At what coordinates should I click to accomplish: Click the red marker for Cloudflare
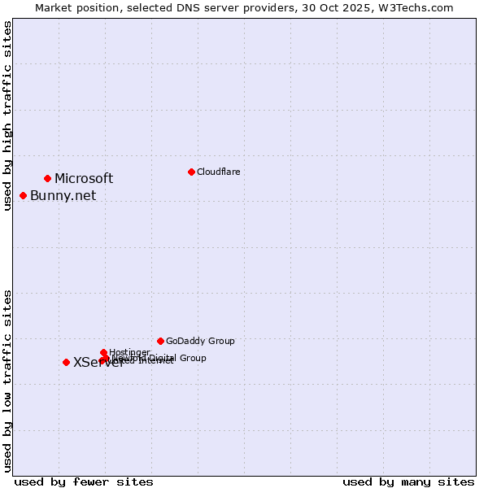click(x=191, y=172)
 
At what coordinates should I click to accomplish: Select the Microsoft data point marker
click(x=48, y=178)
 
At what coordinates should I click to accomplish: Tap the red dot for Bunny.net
click(x=24, y=195)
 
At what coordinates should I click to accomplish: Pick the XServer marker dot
click(x=66, y=362)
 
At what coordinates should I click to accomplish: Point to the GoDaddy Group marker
click(x=160, y=341)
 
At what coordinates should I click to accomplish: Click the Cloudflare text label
click(x=218, y=172)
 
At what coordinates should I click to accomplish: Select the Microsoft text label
click(x=84, y=178)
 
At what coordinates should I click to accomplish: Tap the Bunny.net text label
click(x=63, y=195)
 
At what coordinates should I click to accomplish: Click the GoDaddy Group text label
click(x=200, y=341)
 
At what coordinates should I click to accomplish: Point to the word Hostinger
click(x=129, y=352)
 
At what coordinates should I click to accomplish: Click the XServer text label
click(x=98, y=363)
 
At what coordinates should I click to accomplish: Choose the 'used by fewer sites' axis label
click(x=84, y=481)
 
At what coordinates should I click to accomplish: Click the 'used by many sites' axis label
click(x=408, y=481)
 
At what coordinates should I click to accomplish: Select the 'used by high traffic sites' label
click(x=7, y=116)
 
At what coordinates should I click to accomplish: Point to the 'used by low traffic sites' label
click(x=7, y=381)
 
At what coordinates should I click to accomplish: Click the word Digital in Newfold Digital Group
click(x=163, y=358)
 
